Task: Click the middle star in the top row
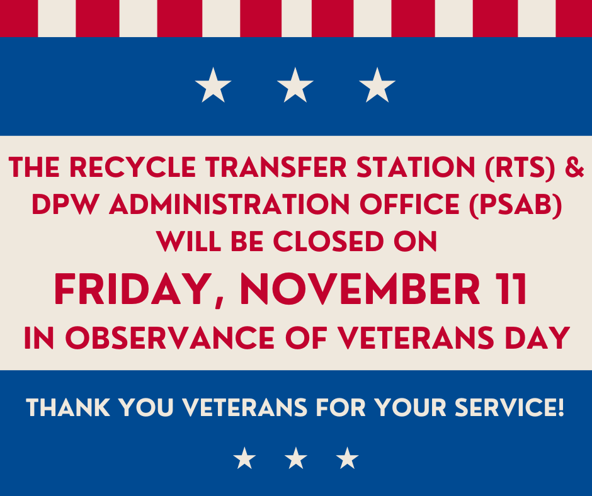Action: (x=295, y=86)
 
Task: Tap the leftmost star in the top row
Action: (x=213, y=86)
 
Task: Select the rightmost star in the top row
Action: (x=377, y=86)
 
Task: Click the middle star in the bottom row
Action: (x=295, y=458)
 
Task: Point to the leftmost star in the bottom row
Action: (x=244, y=458)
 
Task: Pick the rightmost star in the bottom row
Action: (x=346, y=458)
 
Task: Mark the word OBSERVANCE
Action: (x=171, y=339)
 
